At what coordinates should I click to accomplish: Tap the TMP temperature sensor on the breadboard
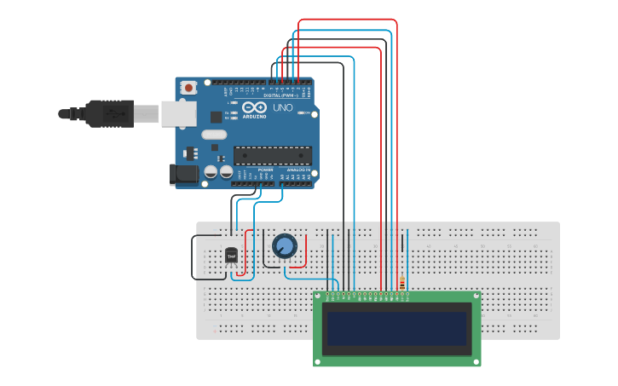point(231,255)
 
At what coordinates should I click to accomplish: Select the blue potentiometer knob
point(285,246)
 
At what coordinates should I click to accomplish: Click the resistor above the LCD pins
point(401,283)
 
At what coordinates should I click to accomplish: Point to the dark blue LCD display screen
point(397,328)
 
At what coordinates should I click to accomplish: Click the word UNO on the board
point(283,108)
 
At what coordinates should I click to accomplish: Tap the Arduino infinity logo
point(254,107)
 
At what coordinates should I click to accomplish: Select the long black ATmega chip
point(272,155)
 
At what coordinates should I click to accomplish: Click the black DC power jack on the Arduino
point(183,175)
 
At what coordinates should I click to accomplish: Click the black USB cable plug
point(109,112)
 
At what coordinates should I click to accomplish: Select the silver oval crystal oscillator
point(214,134)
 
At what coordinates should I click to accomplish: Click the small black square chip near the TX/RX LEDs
point(216,118)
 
